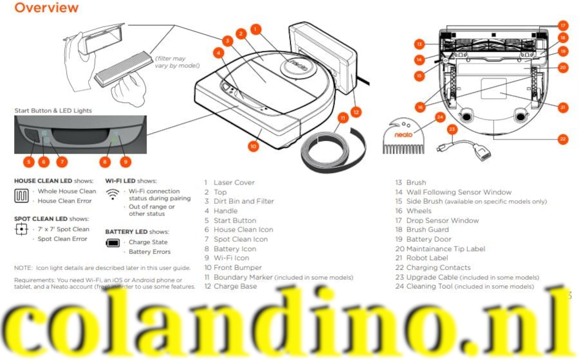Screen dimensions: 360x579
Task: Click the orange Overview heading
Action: click(46, 8)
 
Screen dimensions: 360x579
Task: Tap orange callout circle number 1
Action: click(255, 28)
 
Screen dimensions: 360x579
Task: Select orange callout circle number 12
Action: click(356, 111)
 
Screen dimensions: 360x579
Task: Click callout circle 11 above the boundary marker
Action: click(344, 118)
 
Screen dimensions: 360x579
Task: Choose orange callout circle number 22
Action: click(564, 138)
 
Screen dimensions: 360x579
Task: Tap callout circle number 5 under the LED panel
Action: click(29, 161)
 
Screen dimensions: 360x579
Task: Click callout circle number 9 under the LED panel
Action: click(125, 161)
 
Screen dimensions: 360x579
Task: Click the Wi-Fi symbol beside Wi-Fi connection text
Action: click(113, 193)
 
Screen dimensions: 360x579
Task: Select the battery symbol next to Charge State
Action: click(113, 243)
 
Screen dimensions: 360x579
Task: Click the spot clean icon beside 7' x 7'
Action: click(21, 230)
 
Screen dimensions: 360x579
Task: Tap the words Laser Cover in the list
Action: click(234, 183)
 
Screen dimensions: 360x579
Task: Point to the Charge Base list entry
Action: click(235, 286)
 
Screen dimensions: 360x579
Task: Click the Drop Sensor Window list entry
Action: click(443, 221)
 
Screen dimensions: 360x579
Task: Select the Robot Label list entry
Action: click(430, 258)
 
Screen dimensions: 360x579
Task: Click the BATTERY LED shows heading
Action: click(136, 231)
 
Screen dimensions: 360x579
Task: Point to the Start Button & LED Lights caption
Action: click(53, 111)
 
